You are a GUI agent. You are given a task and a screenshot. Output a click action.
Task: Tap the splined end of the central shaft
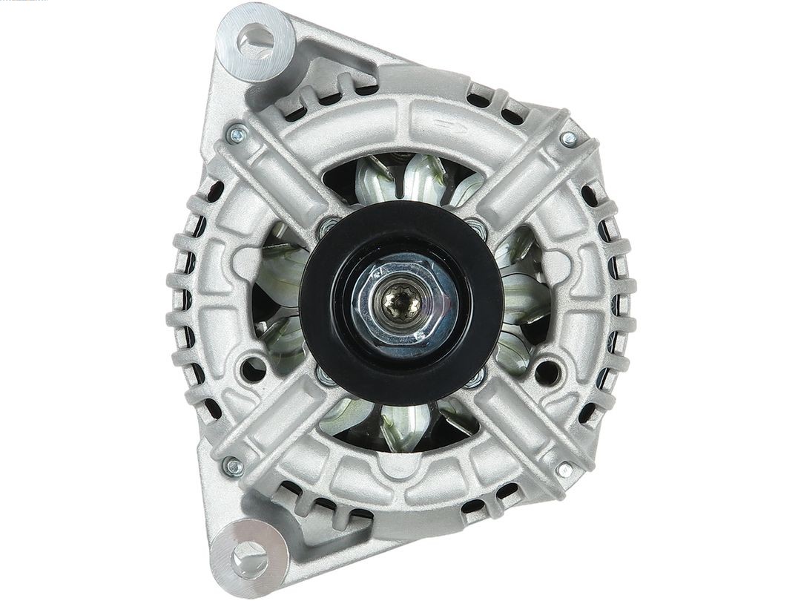pyautogui.click(x=401, y=303)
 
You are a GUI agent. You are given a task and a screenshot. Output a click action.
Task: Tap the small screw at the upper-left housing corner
pyautogui.click(x=237, y=134)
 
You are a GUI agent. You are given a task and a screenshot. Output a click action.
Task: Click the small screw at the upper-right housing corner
pyautogui.click(x=569, y=139)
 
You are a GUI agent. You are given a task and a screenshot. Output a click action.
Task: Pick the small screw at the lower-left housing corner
pyautogui.click(x=234, y=467)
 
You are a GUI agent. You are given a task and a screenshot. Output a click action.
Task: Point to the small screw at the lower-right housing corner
pyautogui.click(x=565, y=469)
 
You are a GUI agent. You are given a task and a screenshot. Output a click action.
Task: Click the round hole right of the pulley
pyautogui.click(x=548, y=371)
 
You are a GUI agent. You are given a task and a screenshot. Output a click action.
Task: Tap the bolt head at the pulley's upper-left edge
pyautogui.click(x=326, y=227)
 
